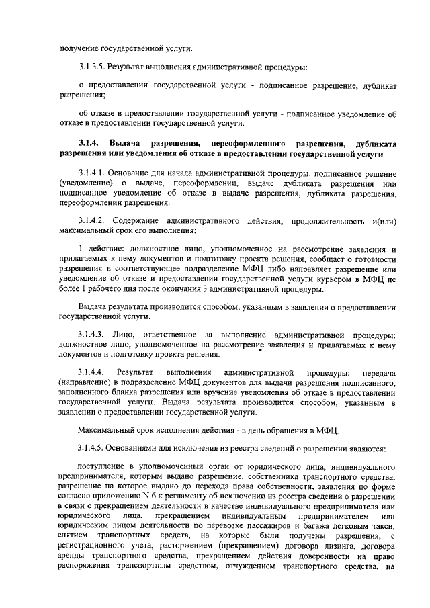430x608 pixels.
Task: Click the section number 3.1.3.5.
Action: pos(93,67)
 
